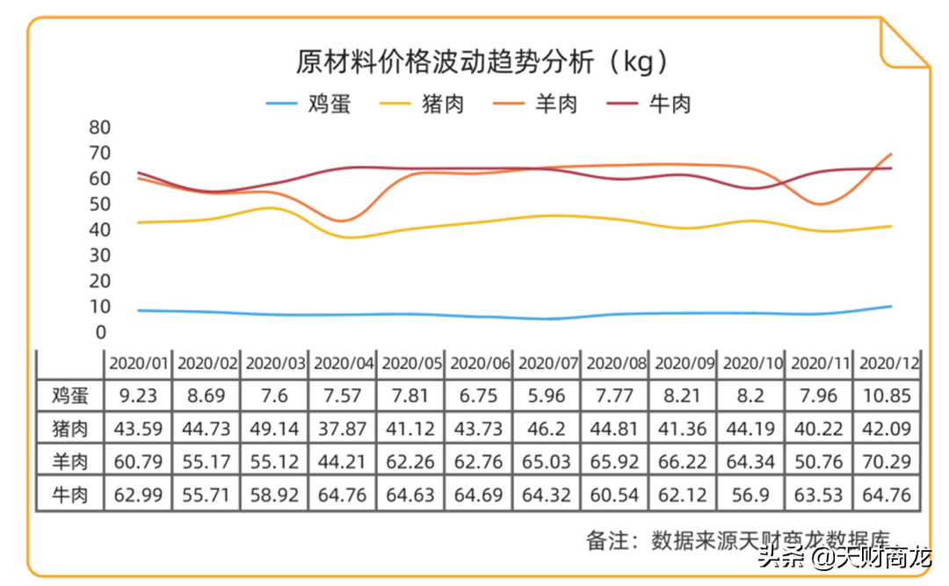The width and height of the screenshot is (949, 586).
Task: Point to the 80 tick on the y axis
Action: tap(99, 127)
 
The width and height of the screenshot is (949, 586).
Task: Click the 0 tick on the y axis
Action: tap(101, 332)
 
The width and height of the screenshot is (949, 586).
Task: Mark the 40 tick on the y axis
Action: tap(99, 230)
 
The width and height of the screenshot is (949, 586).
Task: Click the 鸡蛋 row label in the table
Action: tap(70, 395)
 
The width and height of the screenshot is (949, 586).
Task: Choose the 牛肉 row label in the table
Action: tap(70, 495)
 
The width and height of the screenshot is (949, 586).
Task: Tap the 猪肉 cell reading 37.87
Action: tap(343, 429)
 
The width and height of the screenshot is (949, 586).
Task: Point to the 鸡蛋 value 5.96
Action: tap(547, 395)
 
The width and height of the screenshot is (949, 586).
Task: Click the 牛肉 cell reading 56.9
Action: tap(751, 495)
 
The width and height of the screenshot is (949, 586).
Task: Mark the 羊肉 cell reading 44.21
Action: tap(343, 461)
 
